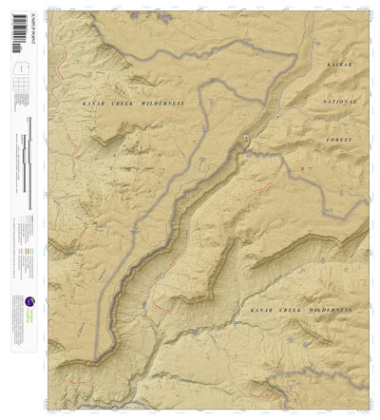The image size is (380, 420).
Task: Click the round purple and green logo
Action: tap(29, 302)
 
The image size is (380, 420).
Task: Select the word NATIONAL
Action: tap(338, 100)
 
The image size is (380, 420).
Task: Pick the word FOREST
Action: tap(338, 139)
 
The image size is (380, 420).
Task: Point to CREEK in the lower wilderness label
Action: tap(292, 310)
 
